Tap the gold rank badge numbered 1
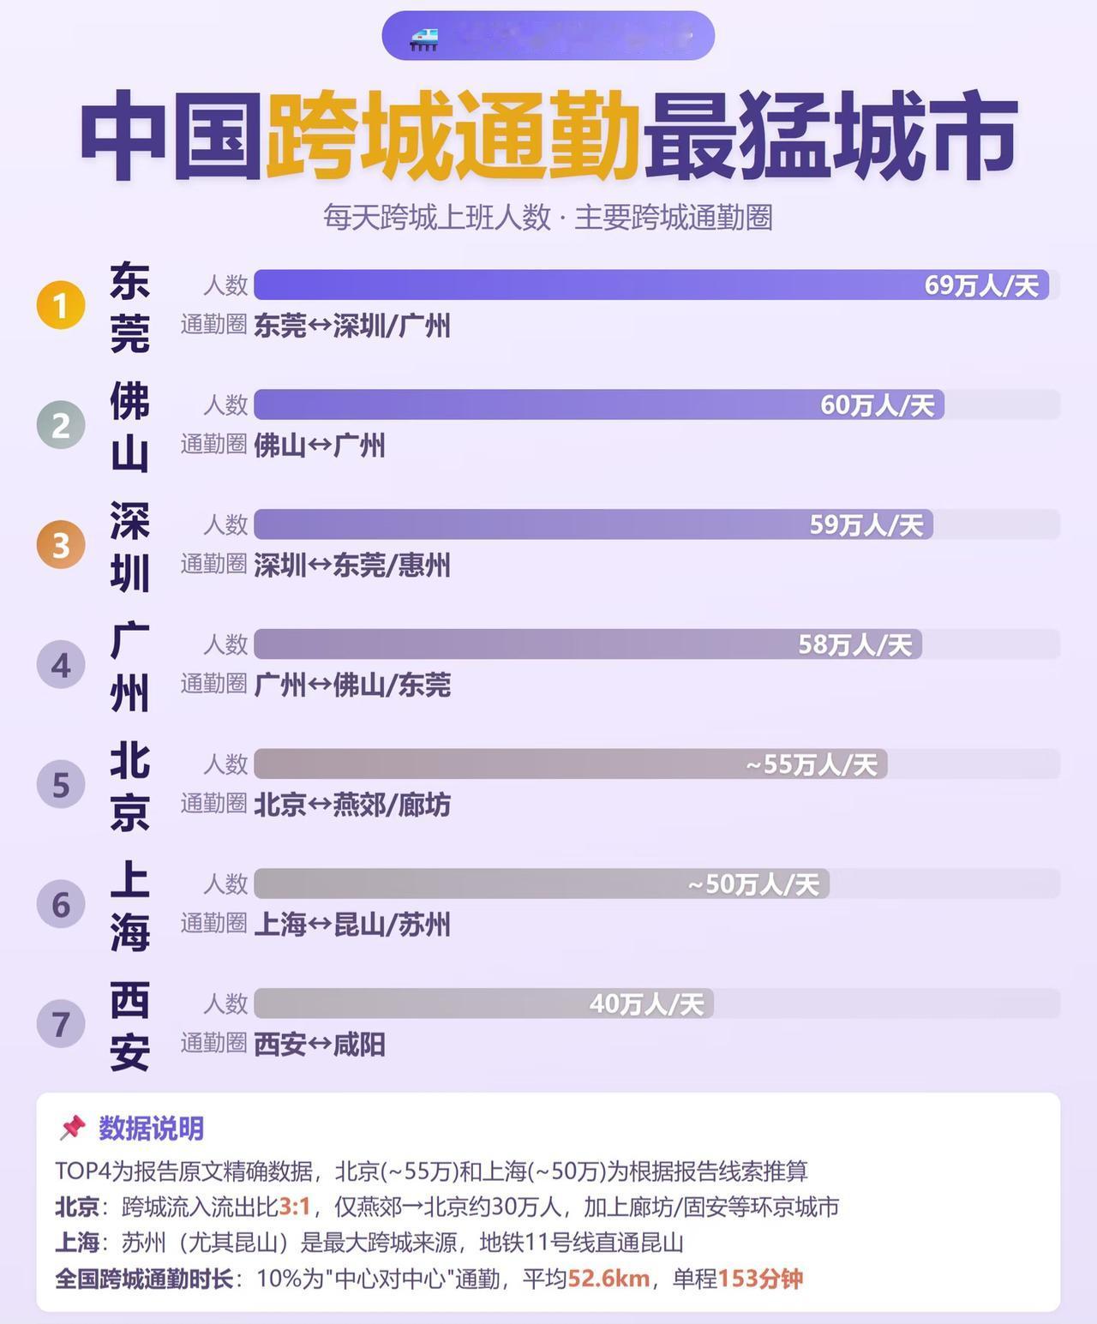tap(61, 305)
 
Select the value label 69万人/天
tap(981, 285)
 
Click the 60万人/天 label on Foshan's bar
tap(877, 404)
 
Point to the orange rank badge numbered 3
tap(61, 545)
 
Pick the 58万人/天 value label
tap(854, 644)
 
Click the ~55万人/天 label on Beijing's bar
tap(811, 764)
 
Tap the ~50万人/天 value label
tap(752, 884)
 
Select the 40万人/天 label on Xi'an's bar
tap(646, 1004)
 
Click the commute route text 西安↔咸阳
tap(319, 1045)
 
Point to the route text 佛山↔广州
tap(319, 446)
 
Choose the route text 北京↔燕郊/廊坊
tap(351, 805)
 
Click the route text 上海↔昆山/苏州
tap(351, 925)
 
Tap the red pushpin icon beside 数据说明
tap(73, 1128)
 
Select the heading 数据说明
tap(151, 1129)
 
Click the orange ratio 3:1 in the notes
tap(294, 1207)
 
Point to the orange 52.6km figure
tap(608, 1279)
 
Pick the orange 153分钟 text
tap(759, 1279)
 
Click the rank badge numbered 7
tap(61, 1024)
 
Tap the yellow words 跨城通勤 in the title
tap(453, 137)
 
